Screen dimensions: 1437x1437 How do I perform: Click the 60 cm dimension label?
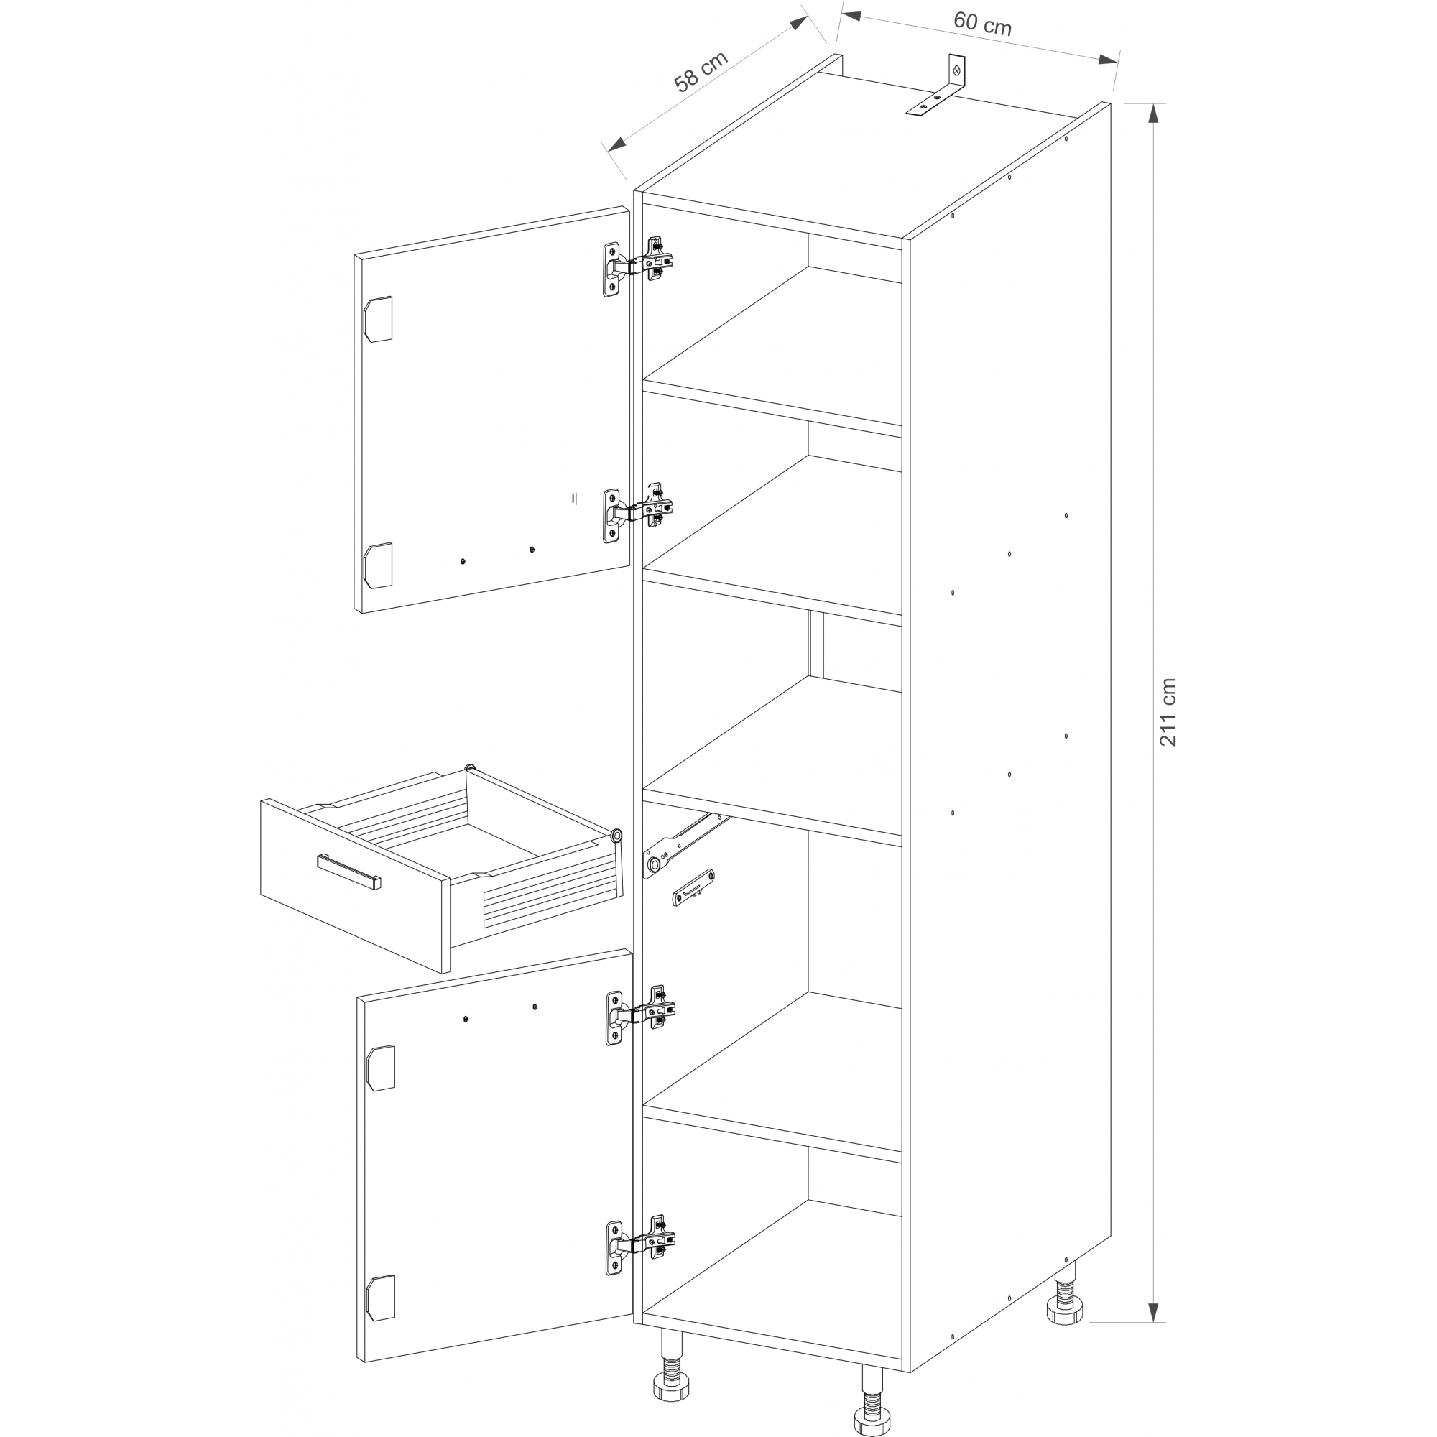[981, 24]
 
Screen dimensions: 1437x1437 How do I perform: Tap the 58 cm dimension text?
[701, 71]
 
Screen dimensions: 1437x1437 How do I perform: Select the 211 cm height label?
[1167, 712]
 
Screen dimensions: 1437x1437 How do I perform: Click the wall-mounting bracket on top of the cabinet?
[937, 85]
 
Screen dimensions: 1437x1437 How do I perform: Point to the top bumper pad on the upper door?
[377, 319]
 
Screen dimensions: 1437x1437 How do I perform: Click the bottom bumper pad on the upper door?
[377, 565]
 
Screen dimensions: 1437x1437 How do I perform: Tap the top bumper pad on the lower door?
[380, 1068]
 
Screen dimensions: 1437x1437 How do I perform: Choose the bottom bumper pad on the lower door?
[380, 1298]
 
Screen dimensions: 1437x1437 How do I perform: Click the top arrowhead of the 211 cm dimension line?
[1153, 111]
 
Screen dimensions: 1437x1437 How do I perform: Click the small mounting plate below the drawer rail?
[693, 887]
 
